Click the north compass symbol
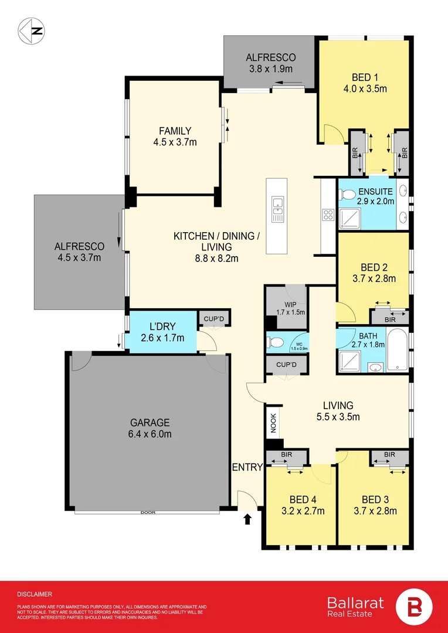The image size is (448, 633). point(32,30)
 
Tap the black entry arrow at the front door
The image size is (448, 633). point(247,519)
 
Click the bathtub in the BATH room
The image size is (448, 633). point(398,349)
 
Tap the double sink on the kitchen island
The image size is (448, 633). point(277,206)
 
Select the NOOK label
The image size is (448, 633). point(273,424)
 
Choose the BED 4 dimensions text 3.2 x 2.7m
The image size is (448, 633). point(304,511)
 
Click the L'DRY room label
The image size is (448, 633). point(162,326)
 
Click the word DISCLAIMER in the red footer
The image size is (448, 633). point(35,594)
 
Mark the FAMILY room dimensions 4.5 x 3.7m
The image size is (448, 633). point(175,142)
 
